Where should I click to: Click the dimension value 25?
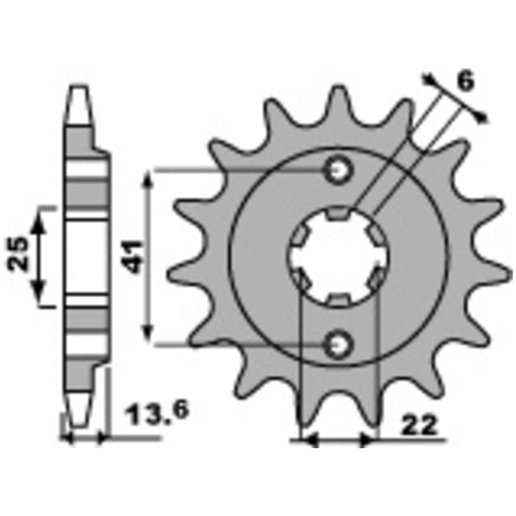tap(18, 253)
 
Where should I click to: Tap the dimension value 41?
tap(134, 257)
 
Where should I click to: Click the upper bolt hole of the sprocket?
tap(338, 170)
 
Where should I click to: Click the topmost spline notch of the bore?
tap(339, 213)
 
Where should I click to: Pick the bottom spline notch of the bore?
tap(339, 299)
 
